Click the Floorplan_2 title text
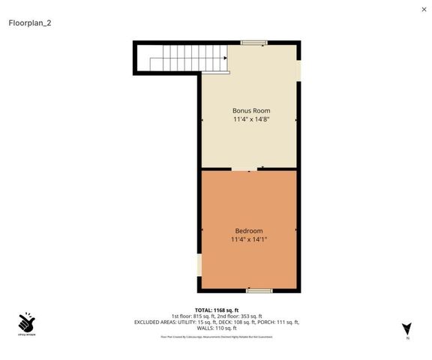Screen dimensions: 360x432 (30, 22)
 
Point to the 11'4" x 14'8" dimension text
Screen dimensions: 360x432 (249, 118)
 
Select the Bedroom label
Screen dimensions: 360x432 (249, 230)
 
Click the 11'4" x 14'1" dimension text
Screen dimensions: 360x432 (249, 239)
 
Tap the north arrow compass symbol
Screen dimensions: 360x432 (407, 328)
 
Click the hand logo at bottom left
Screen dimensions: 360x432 (27, 323)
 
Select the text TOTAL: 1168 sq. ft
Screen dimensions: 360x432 (217, 310)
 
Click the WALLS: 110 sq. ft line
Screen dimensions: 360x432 (217, 328)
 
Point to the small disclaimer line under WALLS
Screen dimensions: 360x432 (217, 337)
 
